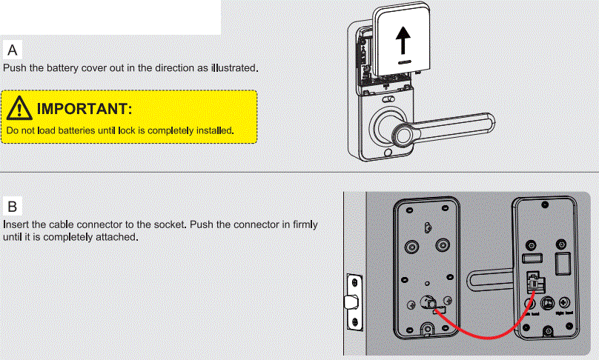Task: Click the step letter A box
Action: tap(13, 50)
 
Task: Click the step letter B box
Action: tap(13, 205)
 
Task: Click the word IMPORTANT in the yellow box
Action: tap(84, 110)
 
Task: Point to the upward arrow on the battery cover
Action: tap(402, 41)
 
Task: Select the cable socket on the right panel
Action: tap(533, 281)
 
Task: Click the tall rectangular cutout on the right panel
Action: tap(562, 262)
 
